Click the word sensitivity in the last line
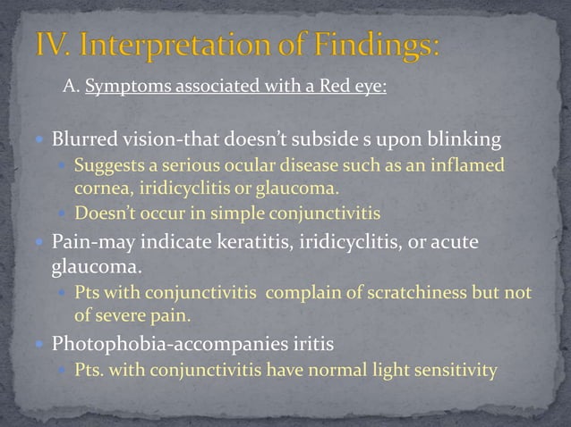[x=454, y=369]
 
